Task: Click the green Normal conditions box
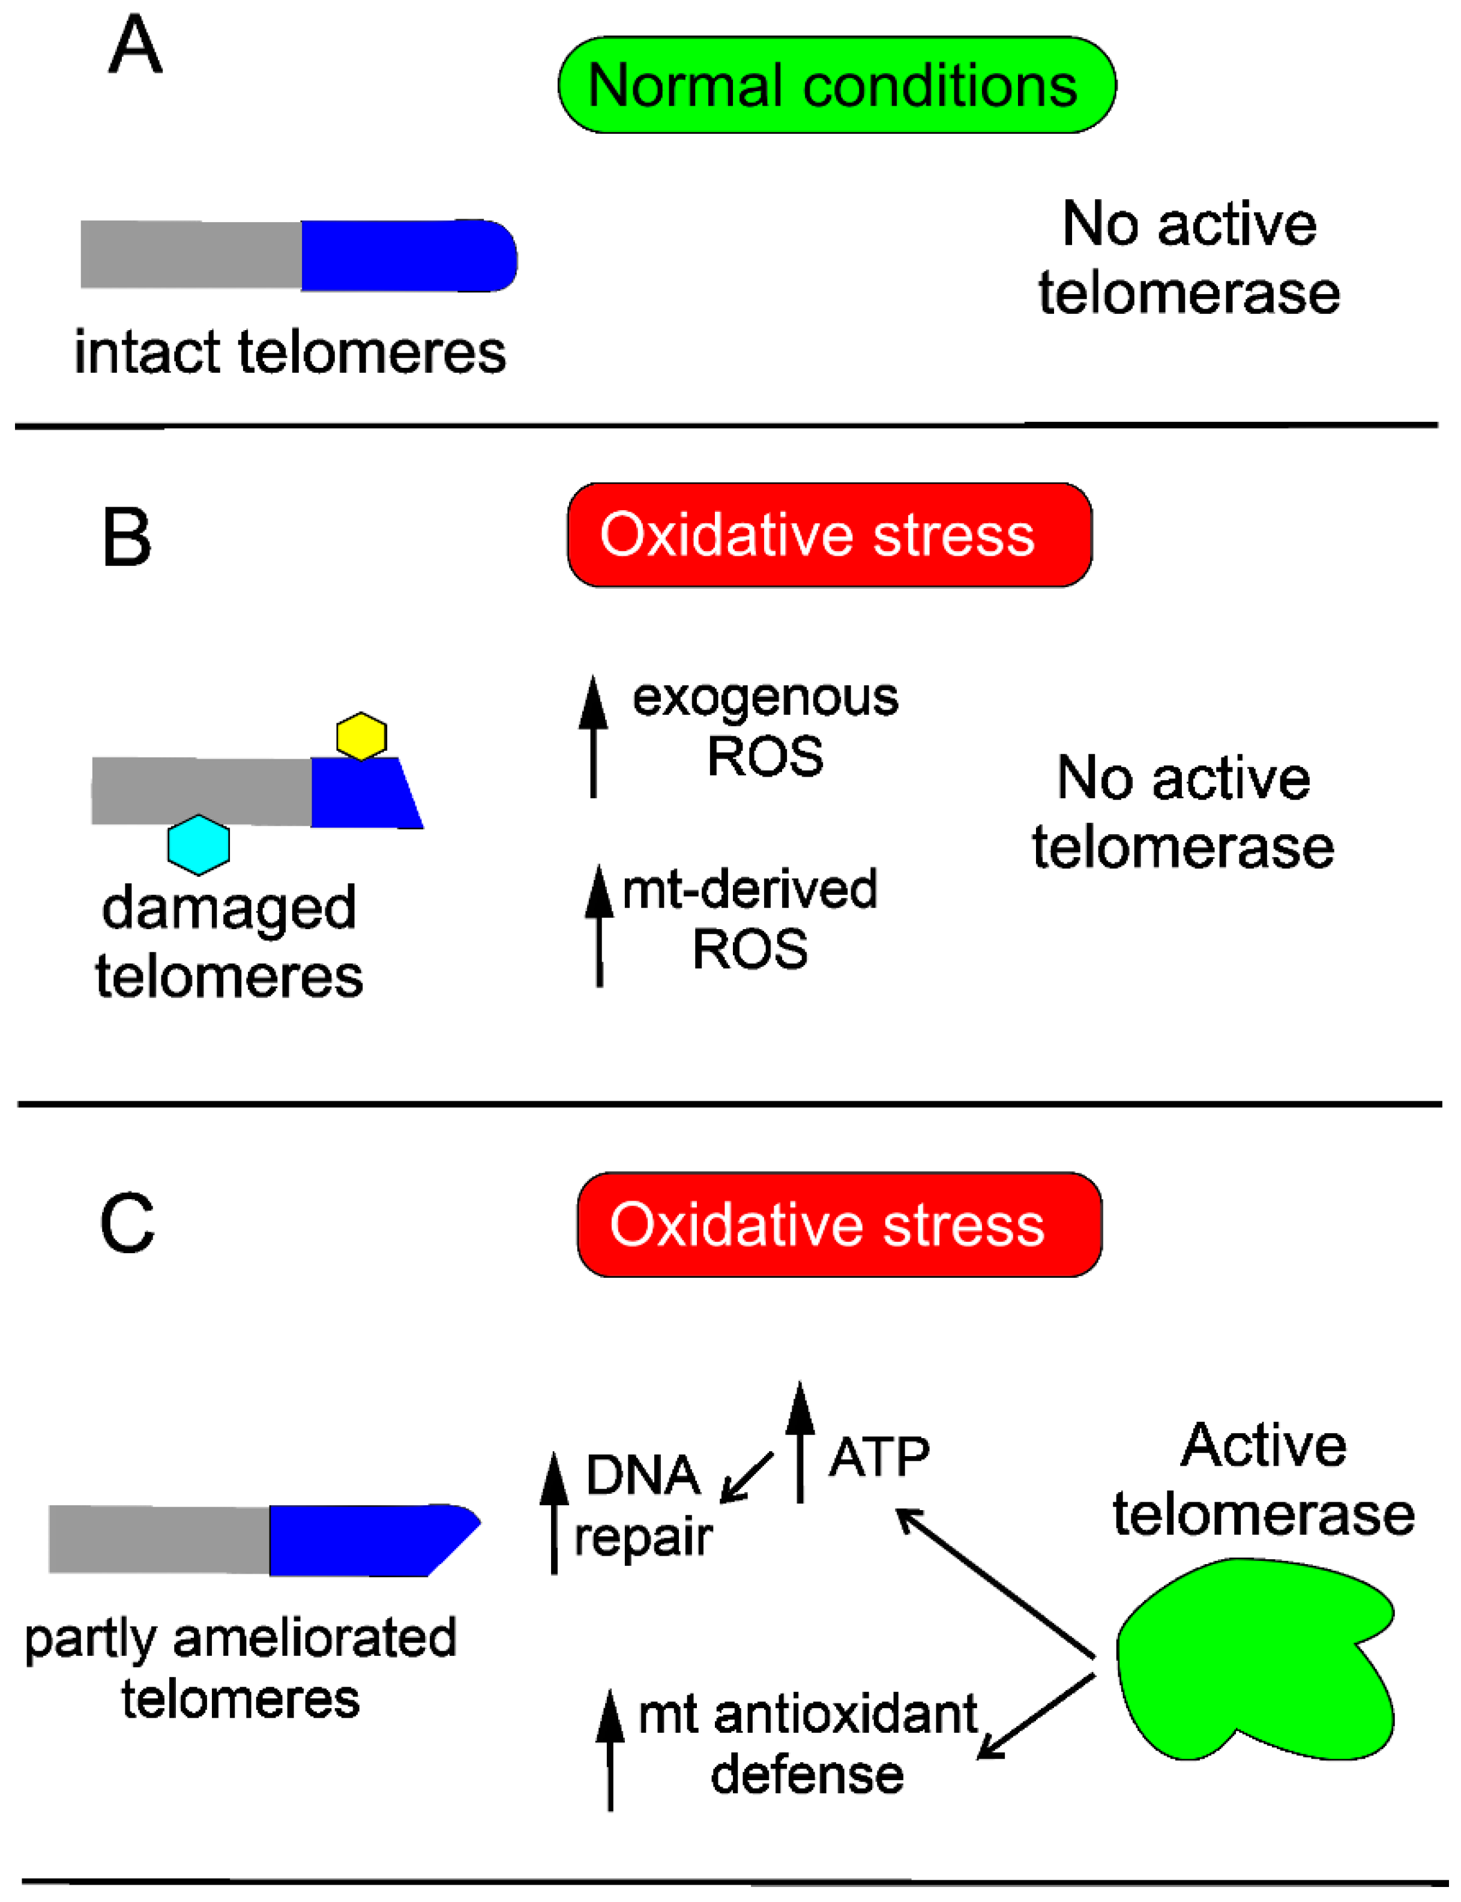point(837,85)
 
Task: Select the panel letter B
point(127,537)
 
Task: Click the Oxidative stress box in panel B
point(830,535)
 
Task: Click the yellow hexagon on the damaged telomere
point(361,736)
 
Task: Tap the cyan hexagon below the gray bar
point(198,844)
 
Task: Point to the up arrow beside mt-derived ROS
point(599,925)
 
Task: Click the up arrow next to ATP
point(800,1442)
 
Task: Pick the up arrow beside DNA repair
point(554,1513)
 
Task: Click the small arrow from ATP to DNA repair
point(746,1476)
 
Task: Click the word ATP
point(879,1458)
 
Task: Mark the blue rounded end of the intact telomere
point(409,256)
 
